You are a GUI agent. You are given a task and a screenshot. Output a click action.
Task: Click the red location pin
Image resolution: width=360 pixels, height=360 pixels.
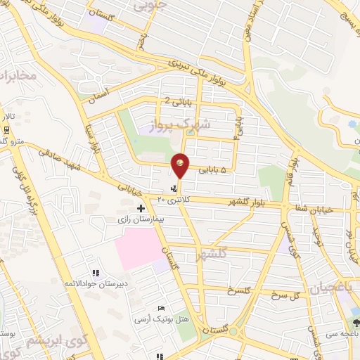[180, 165]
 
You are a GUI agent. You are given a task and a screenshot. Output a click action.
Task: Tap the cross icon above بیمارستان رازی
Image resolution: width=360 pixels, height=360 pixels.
[141, 208]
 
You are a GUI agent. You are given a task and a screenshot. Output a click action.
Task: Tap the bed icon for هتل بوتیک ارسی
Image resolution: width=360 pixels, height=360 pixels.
[162, 309]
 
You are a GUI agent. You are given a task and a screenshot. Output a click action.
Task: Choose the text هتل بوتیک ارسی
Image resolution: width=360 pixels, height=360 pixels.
[161, 319]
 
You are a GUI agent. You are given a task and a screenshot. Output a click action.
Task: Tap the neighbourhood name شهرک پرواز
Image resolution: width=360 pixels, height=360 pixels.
[172, 127]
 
